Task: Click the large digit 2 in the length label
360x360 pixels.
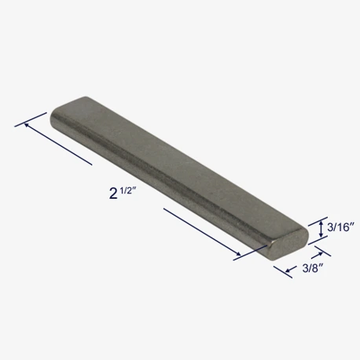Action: point(113,193)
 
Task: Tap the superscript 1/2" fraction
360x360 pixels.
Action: point(129,191)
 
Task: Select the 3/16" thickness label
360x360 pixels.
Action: point(340,227)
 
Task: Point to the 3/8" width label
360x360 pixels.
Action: point(312,268)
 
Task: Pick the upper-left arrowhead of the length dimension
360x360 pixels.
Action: point(27,125)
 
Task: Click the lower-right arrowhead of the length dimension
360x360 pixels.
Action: point(237,253)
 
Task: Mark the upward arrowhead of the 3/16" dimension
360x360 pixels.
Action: point(321,222)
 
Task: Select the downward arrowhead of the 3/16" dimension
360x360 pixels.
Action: point(321,235)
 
